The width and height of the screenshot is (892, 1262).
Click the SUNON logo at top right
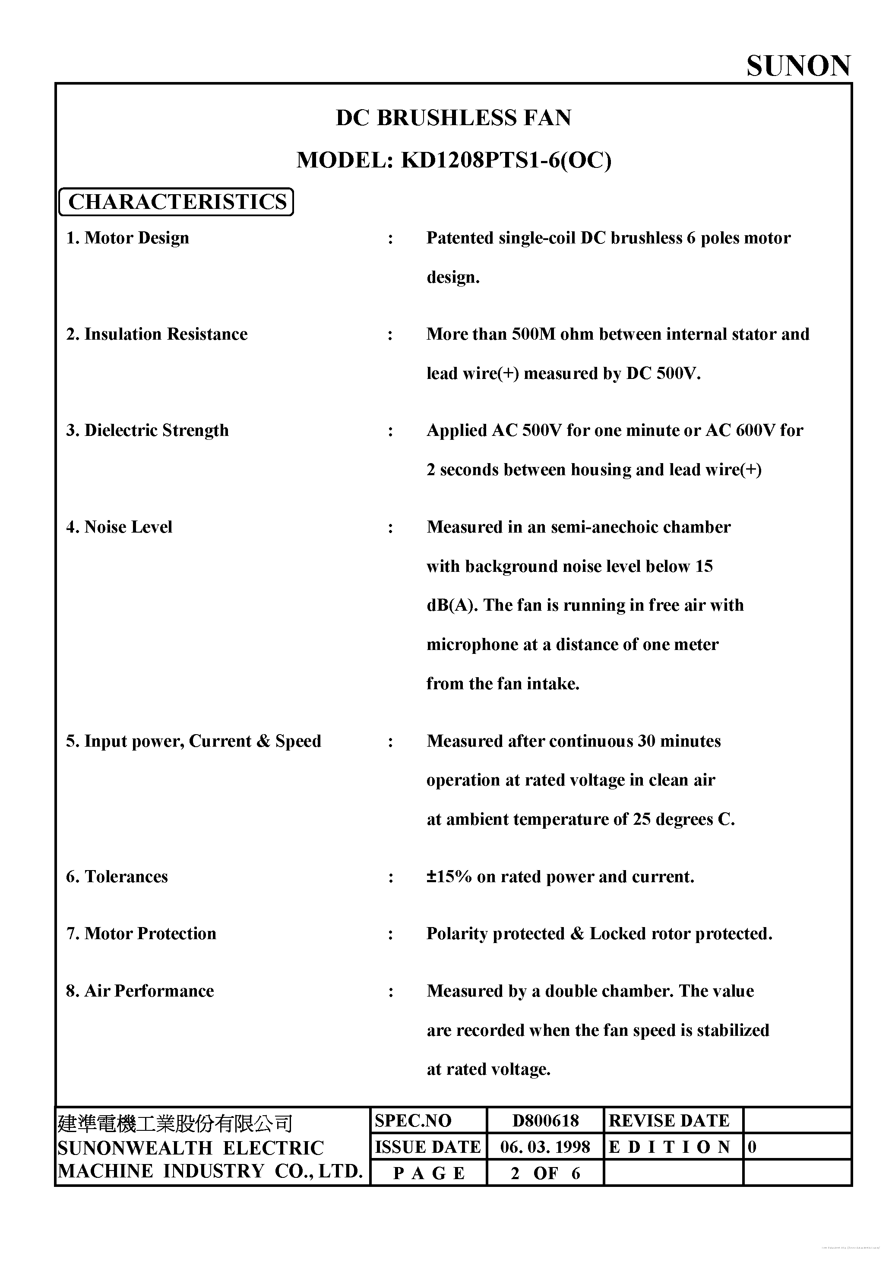(798, 66)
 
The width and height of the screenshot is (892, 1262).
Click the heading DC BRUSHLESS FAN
(453, 118)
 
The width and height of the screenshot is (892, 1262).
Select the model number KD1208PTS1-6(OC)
(506, 160)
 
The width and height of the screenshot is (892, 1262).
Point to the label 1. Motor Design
(128, 238)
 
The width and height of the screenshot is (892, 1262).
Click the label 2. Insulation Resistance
(157, 334)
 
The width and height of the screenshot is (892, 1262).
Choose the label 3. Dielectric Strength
(147, 430)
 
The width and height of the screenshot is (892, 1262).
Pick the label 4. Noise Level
(119, 527)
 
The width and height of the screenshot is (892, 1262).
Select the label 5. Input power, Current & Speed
(193, 741)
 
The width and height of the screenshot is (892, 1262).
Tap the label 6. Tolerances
(117, 876)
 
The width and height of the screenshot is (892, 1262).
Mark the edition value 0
(752, 1147)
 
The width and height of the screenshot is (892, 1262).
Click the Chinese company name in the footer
(175, 1123)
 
